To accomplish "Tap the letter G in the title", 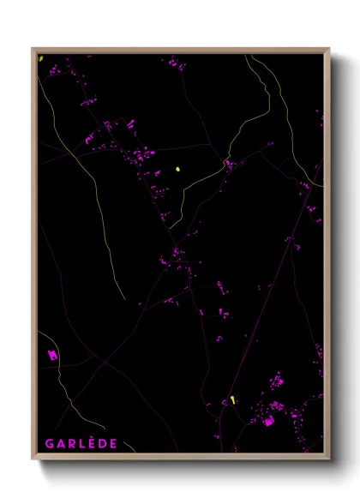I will click(x=50, y=443).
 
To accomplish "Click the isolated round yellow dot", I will click(x=178, y=169).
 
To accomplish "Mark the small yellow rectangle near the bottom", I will click(x=232, y=399).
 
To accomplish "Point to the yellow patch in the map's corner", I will click(x=40, y=58).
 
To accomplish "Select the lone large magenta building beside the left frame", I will click(x=51, y=354).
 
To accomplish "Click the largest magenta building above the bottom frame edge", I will click(x=268, y=421).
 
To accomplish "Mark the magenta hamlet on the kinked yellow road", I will click(x=229, y=163).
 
